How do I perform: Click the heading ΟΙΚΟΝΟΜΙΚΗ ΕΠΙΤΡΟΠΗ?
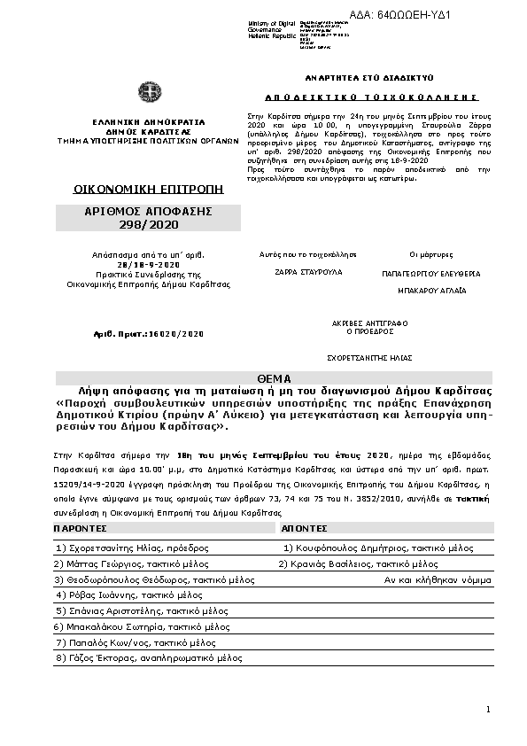pos(148,190)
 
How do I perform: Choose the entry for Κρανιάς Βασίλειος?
pos(358,563)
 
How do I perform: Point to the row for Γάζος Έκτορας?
pos(148,658)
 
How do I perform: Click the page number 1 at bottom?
pos(488,710)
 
